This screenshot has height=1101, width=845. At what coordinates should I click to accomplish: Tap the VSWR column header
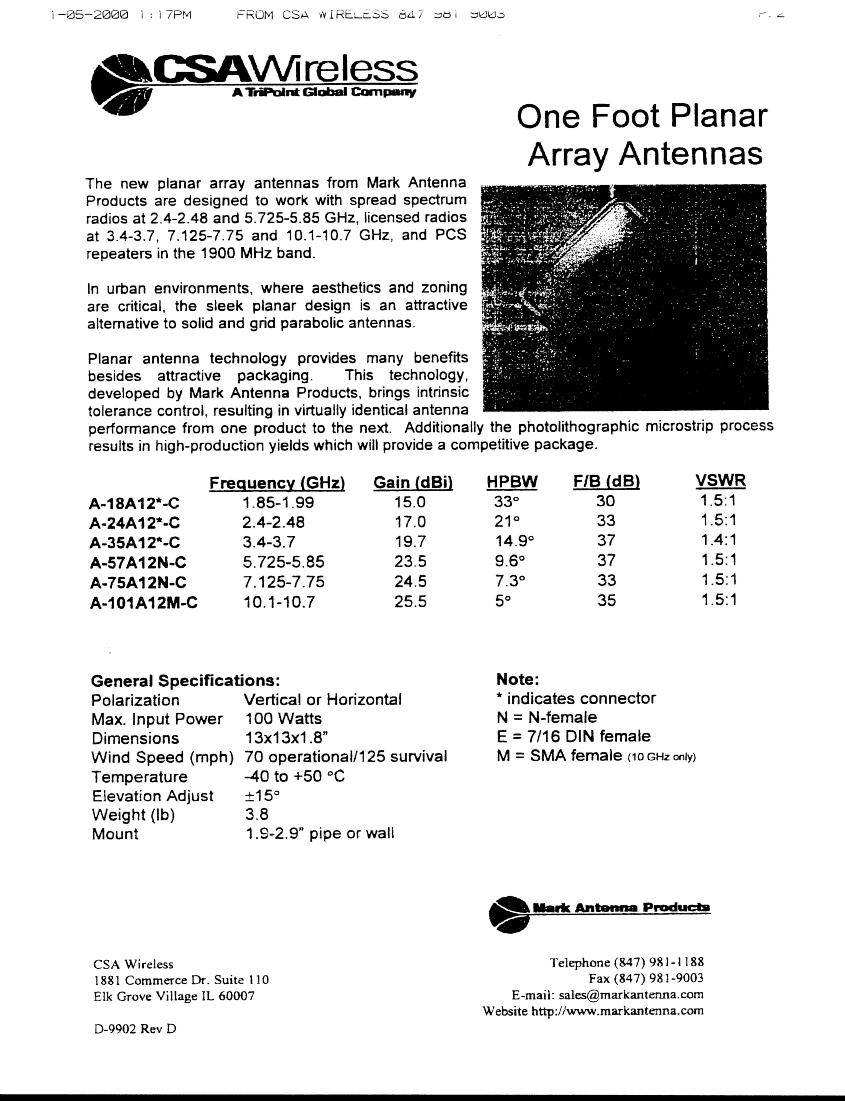(720, 481)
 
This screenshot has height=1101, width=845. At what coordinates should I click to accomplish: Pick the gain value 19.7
(410, 541)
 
